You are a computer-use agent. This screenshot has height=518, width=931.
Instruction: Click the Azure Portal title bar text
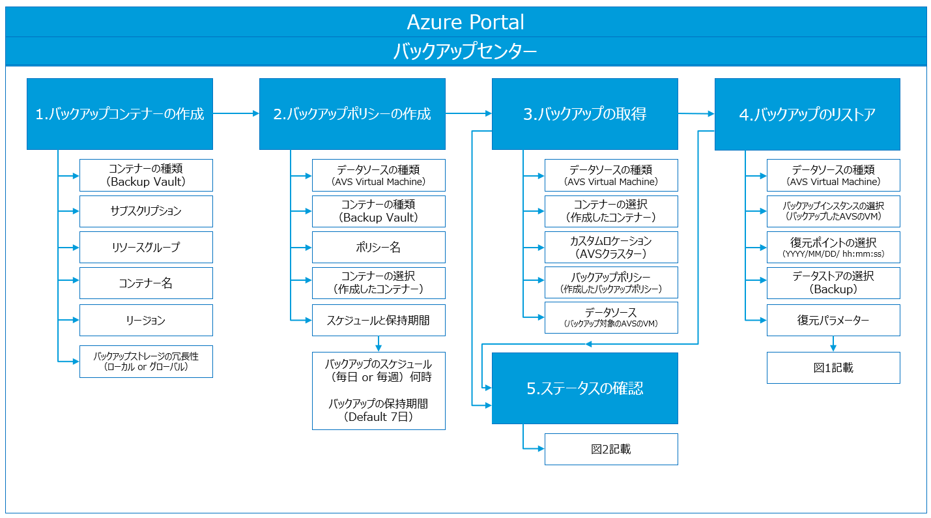(x=465, y=22)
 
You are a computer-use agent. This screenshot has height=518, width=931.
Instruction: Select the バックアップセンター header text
(x=465, y=51)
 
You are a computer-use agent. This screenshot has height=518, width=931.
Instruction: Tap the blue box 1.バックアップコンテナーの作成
(x=120, y=114)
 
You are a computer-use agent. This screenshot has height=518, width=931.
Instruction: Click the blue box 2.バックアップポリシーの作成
(x=352, y=114)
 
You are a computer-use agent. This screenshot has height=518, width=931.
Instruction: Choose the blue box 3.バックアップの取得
(x=584, y=114)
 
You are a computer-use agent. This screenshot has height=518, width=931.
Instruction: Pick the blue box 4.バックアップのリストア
(x=807, y=114)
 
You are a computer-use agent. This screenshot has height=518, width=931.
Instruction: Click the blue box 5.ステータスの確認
(x=584, y=388)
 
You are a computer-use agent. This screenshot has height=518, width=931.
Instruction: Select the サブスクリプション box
(x=146, y=211)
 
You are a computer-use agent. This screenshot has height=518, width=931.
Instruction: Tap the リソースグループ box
(x=146, y=248)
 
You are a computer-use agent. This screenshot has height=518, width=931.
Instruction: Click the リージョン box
(x=146, y=321)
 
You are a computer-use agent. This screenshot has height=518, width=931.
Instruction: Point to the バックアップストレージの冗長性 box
(x=146, y=362)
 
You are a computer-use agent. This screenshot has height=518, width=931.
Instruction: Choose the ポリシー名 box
(x=379, y=248)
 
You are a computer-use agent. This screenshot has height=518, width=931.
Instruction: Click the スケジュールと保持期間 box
(x=379, y=321)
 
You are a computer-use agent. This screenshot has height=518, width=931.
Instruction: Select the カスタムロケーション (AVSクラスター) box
(x=611, y=248)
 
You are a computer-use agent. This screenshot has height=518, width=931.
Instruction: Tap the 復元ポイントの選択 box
(x=833, y=248)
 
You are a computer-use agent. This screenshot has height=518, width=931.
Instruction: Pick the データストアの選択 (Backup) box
(x=833, y=283)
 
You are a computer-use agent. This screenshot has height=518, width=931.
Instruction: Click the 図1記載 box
(x=833, y=368)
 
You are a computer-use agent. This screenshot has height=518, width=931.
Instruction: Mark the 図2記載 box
(x=611, y=449)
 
